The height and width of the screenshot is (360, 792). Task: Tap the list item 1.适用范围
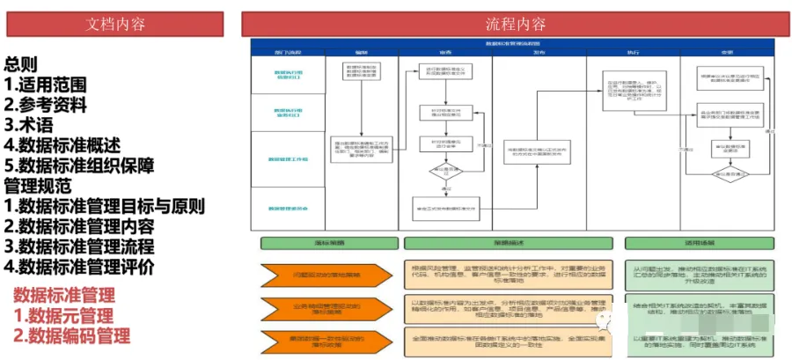click(46, 84)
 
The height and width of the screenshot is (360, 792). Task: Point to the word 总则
click(21, 64)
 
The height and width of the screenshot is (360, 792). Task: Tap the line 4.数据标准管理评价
click(79, 265)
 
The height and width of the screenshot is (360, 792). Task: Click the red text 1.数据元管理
click(63, 314)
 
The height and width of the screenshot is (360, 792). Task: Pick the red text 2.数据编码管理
click(72, 334)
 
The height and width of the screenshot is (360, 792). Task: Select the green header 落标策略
click(327, 243)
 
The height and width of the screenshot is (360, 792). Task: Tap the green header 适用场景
click(696, 243)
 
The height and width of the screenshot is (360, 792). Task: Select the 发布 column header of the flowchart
click(539, 52)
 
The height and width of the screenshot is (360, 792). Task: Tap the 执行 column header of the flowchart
click(632, 52)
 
